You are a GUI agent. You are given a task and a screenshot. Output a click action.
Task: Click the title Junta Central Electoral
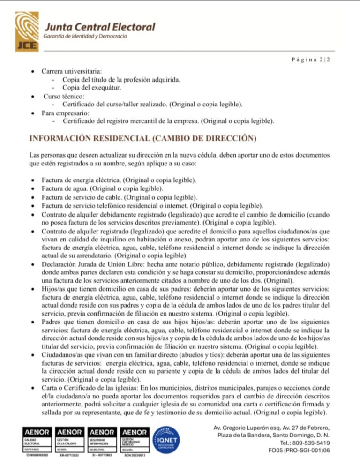[99, 27]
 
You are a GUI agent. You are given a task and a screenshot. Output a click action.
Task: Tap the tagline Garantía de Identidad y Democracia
[85, 37]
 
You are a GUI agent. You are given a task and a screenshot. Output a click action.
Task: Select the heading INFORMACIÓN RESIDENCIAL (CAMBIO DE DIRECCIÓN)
[142, 138]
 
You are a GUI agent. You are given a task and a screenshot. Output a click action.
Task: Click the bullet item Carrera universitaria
[71, 72]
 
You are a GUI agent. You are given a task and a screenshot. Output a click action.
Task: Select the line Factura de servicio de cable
[119, 196]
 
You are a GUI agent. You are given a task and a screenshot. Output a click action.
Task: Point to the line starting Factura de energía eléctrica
[119, 180]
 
